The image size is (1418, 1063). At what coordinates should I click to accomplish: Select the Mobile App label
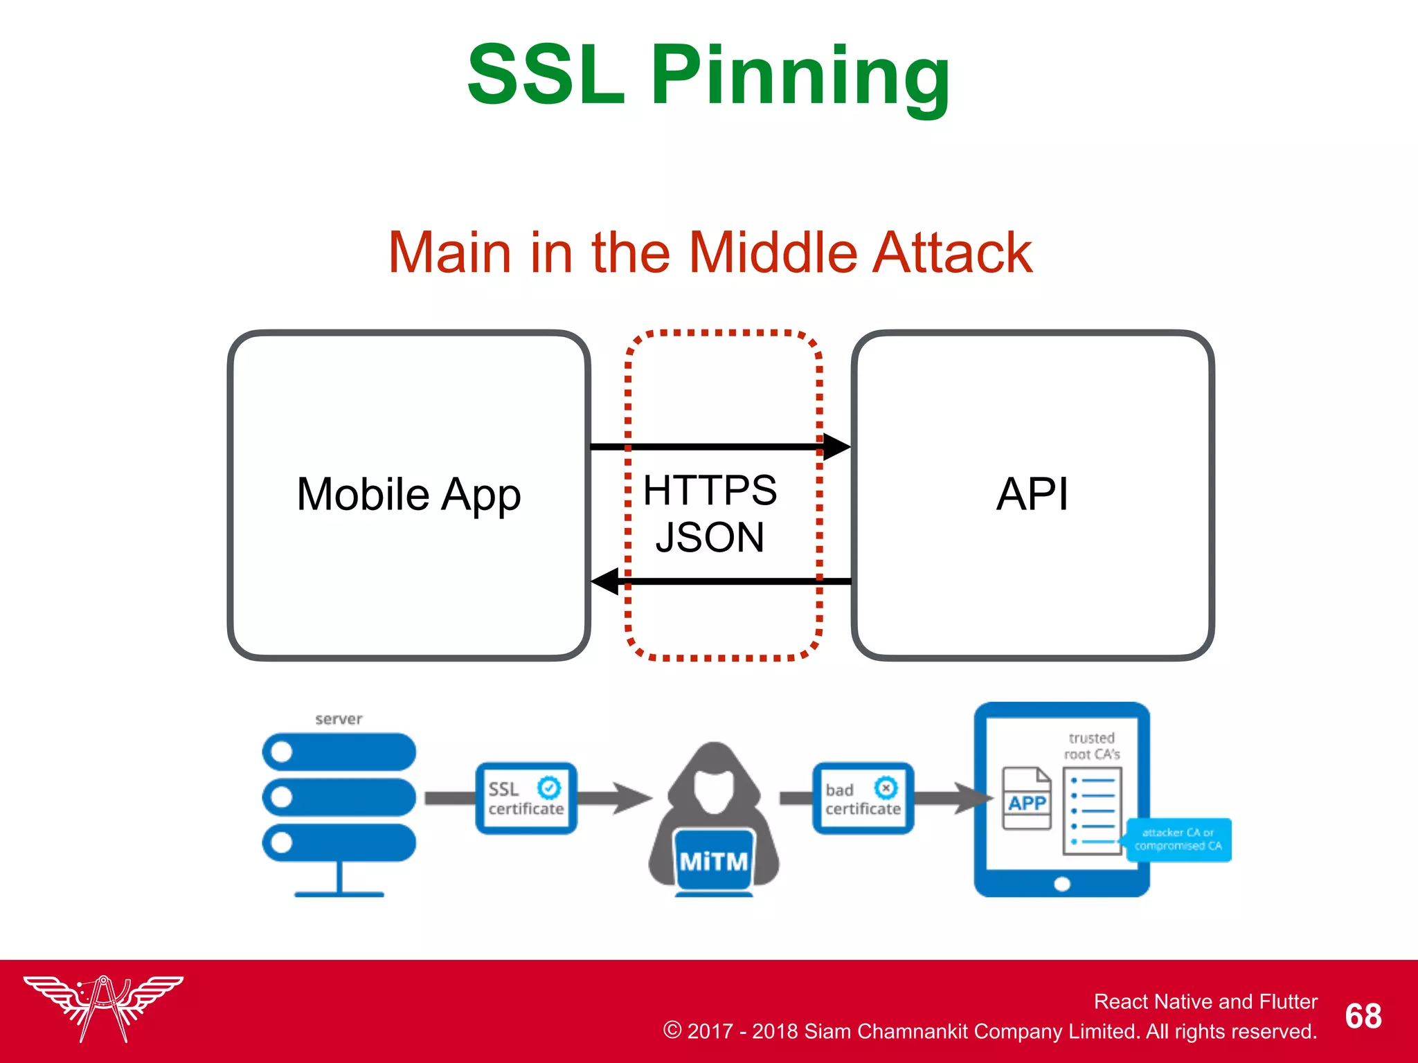point(409,494)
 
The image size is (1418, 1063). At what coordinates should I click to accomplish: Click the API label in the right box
point(1032,494)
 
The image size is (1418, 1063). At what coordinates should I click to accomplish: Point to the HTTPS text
point(710,490)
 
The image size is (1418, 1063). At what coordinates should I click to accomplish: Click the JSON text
point(710,538)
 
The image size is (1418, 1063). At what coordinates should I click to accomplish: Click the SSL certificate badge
point(526,798)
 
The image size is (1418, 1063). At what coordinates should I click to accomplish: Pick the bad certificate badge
point(863,798)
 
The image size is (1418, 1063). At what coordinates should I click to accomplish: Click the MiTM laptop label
point(714,862)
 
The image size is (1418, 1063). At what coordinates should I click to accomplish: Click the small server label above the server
point(339,719)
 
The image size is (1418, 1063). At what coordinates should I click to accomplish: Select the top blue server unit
point(339,752)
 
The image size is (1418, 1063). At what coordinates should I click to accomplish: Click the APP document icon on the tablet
point(1027,799)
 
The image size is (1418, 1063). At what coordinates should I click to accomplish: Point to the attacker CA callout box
point(1178,839)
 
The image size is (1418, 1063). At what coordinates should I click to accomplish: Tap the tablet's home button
point(1061,884)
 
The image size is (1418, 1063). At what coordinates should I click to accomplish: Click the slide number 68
point(1363,1016)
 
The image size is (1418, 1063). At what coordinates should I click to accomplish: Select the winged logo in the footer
point(103,1007)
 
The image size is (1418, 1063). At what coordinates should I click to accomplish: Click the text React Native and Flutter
point(1205,1001)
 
